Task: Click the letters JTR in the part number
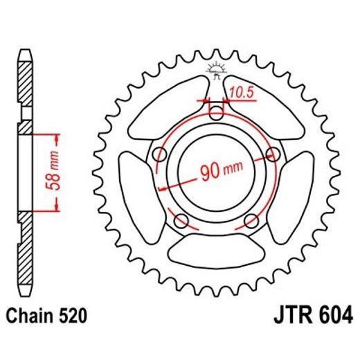(285, 318)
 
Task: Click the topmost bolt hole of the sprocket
(217, 111)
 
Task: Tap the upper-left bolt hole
(162, 153)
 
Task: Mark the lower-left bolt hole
(183, 220)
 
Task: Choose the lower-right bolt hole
(251, 220)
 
